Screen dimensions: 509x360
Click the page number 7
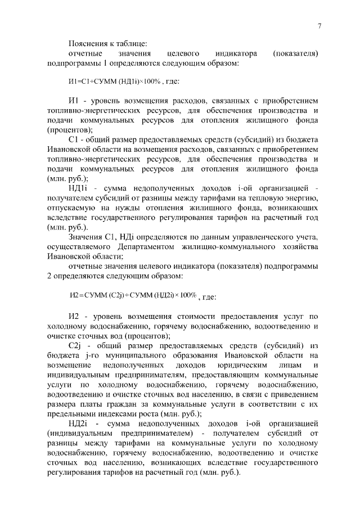[x=318, y=26]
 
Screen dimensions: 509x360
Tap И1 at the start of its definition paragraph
[x=73, y=100]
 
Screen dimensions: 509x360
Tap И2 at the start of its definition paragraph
[x=73, y=316]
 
